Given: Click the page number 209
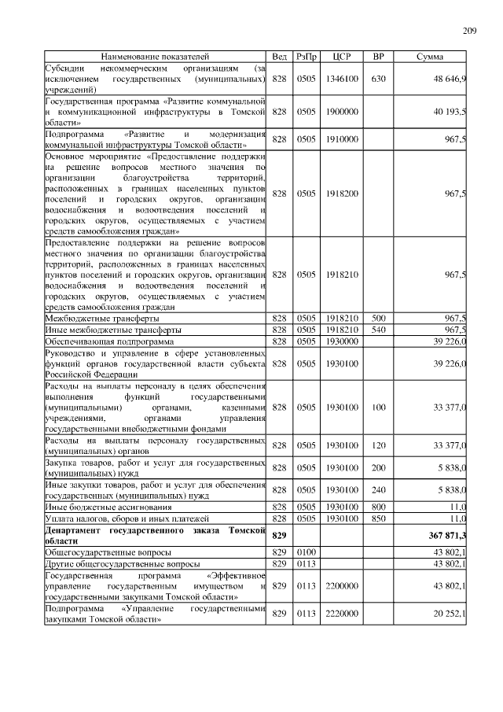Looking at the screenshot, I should click(x=470, y=31).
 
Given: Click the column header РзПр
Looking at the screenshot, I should click(x=306, y=57).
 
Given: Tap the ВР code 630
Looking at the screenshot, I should click(x=378, y=79).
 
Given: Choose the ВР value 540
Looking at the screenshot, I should click(x=378, y=330).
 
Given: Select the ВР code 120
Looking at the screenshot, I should click(x=378, y=445).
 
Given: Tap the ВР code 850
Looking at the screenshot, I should click(x=378, y=520).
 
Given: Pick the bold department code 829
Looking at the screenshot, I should click(x=279, y=536).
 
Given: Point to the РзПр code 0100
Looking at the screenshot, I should click(x=306, y=553).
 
